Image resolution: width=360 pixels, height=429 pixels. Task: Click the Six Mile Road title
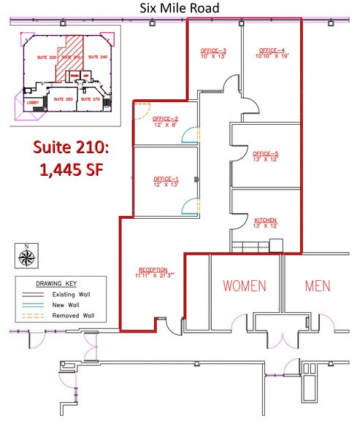[180, 7]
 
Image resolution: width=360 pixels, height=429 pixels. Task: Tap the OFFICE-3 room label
[214, 50]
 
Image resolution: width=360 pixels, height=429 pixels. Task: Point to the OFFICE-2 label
[166, 118]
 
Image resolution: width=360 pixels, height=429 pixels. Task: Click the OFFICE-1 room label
[166, 179]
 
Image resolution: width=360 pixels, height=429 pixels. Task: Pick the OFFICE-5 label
[266, 154]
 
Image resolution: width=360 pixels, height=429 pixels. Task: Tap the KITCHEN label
[266, 220]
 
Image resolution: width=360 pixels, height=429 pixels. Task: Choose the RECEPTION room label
[152, 268]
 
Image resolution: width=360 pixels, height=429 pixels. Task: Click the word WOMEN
[244, 285]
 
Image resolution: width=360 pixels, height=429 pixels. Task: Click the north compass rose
[27, 255]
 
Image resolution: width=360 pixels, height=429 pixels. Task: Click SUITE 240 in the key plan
[98, 56]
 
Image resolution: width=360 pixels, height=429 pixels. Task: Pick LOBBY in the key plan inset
[34, 103]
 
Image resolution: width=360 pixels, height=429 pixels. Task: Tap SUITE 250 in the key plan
[64, 98]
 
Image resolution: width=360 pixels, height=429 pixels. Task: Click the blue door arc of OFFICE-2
[189, 135]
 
